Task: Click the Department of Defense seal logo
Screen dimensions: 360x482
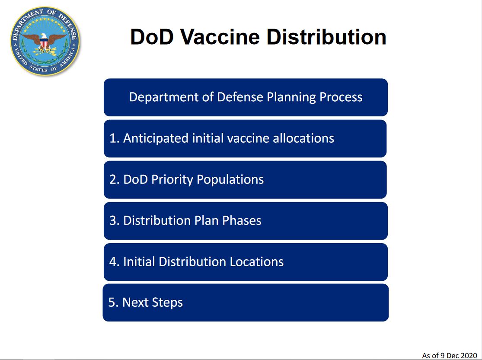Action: click(x=45, y=41)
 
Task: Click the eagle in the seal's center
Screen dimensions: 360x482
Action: click(x=45, y=42)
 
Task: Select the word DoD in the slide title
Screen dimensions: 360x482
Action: click(x=152, y=37)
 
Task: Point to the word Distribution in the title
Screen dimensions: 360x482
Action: click(x=326, y=37)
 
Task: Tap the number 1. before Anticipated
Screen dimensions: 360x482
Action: click(x=114, y=138)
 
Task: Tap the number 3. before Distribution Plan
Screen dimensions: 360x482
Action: click(x=114, y=221)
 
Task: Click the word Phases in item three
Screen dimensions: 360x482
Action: click(x=242, y=221)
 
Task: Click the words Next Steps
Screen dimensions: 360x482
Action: click(x=153, y=302)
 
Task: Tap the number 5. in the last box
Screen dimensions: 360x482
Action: click(x=113, y=302)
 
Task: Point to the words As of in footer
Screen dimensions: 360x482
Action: click(x=431, y=356)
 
